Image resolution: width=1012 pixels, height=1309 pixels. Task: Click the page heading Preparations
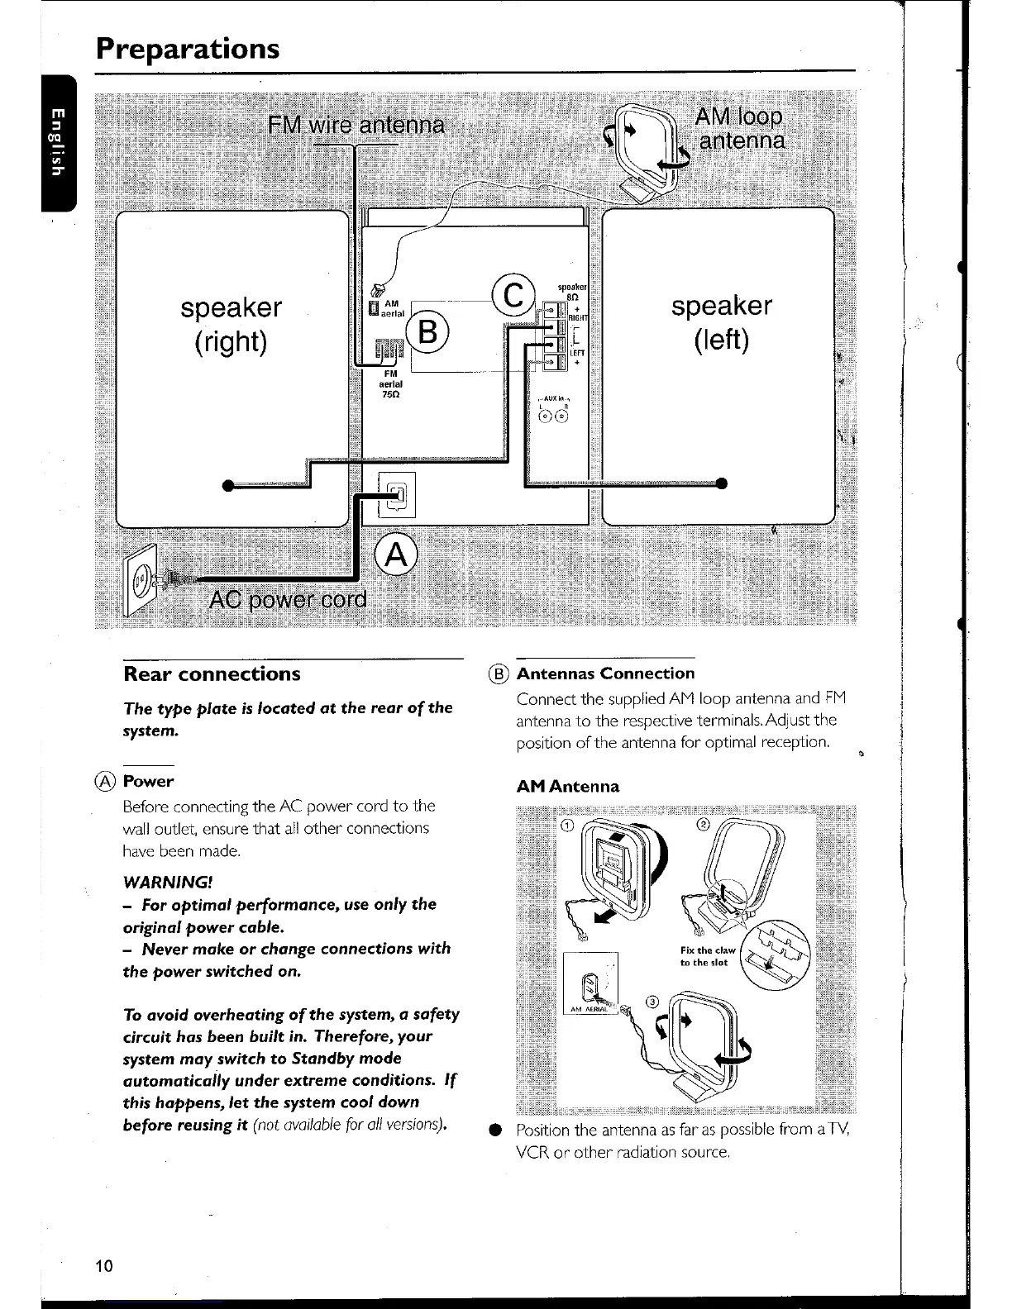(x=188, y=48)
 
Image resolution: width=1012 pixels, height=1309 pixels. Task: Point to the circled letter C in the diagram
(x=513, y=295)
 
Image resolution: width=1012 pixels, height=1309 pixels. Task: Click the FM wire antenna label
(x=356, y=126)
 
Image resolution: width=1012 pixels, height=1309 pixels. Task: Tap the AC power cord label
(x=288, y=599)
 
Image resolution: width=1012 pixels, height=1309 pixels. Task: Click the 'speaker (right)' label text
(x=231, y=323)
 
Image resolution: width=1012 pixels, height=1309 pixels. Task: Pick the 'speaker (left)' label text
(x=721, y=321)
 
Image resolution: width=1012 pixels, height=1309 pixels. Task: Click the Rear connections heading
(x=212, y=674)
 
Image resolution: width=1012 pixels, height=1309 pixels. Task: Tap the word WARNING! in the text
(x=168, y=882)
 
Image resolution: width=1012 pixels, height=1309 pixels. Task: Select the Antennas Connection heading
(x=605, y=674)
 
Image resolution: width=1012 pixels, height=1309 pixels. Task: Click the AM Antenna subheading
(x=567, y=787)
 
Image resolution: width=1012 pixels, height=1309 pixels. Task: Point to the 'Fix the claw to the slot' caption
(x=707, y=956)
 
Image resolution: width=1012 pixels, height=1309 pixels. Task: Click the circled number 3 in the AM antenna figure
(x=652, y=1002)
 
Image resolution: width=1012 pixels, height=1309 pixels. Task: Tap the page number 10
(x=104, y=1266)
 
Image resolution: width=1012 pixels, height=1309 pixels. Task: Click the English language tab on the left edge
(x=56, y=141)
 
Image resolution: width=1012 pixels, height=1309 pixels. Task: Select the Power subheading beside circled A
(x=148, y=781)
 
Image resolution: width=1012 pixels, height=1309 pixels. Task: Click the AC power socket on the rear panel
(x=397, y=495)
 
